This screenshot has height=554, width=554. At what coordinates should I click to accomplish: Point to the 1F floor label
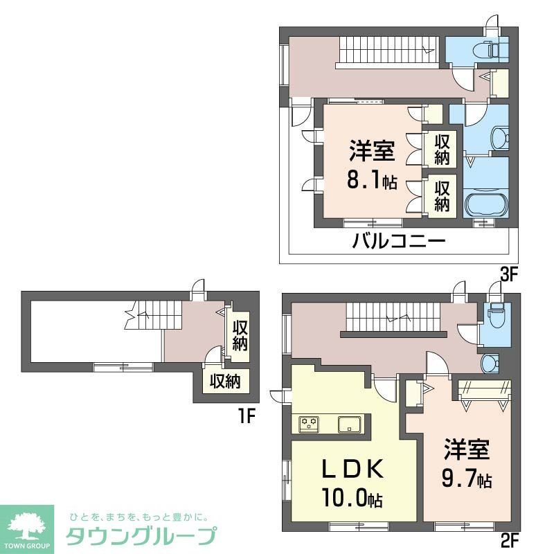(x=248, y=416)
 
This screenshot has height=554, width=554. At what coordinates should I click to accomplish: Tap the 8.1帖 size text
(x=372, y=181)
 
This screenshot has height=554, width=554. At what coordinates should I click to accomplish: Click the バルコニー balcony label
(x=398, y=243)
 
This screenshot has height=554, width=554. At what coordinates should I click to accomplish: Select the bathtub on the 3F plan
(x=485, y=205)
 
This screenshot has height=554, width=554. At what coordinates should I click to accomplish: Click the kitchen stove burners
(x=309, y=424)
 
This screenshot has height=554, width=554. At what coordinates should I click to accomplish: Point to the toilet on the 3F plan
(x=495, y=49)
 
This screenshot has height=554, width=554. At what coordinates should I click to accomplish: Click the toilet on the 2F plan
(x=495, y=315)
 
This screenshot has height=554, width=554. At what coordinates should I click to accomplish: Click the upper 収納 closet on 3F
(x=443, y=149)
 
